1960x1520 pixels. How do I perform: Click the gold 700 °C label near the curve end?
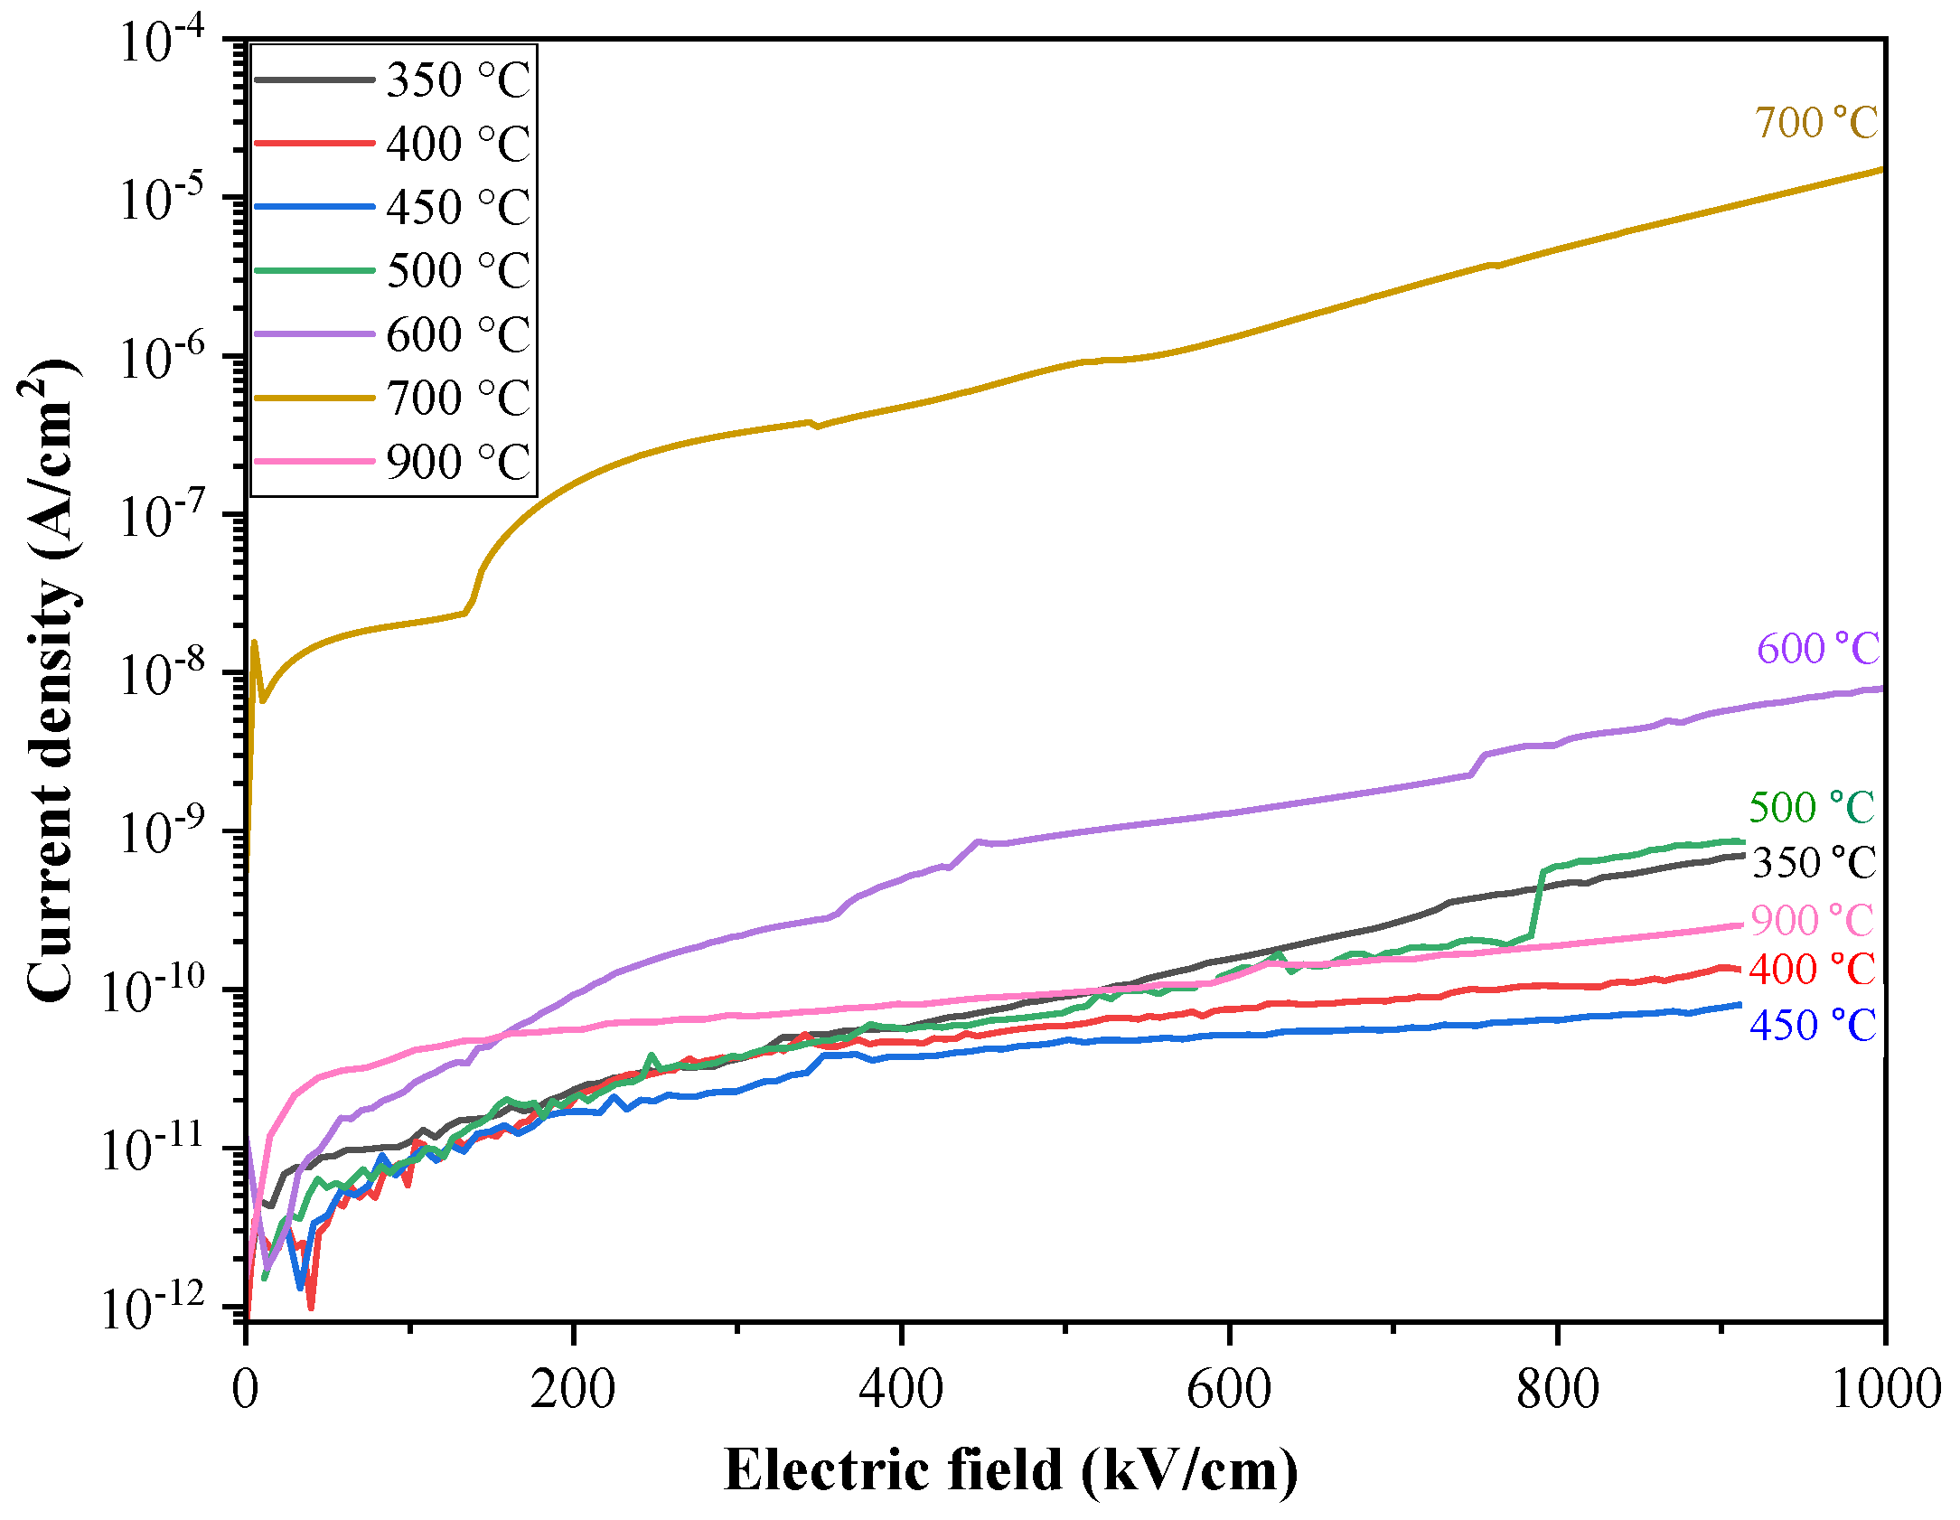tap(1815, 123)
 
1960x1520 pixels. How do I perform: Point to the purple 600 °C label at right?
tap(1817, 648)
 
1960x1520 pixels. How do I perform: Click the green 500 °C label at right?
tap(1811, 807)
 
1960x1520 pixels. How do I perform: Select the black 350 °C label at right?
tap(1814, 862)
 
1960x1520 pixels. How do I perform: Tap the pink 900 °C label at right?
tap(1812, 920)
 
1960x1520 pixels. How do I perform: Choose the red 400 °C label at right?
tap(1811, 969)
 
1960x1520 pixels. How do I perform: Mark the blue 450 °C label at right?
tap(1812, 1025)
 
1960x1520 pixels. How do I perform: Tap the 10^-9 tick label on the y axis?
tap(163, 832)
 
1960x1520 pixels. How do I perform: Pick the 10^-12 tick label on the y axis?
tap(154, 1308)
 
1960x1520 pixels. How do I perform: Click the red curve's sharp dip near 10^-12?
tap(311, 1306)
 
